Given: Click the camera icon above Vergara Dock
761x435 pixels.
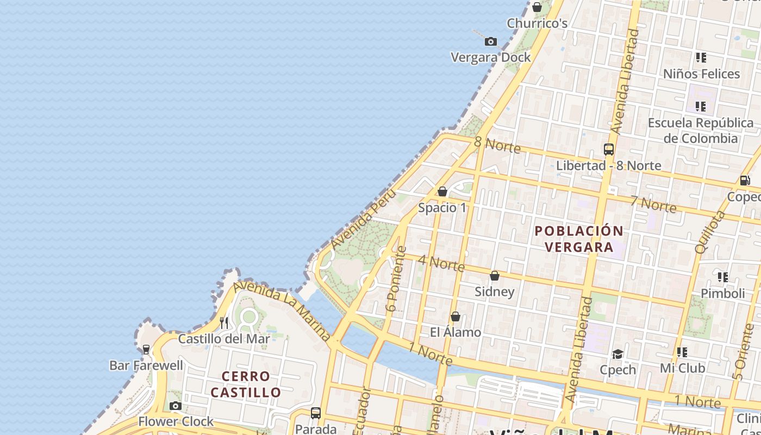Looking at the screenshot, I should [x=491, y=41].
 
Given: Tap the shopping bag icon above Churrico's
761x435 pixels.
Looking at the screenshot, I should [x=537, y=7].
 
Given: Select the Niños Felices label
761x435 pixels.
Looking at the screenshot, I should [x=701, y=74].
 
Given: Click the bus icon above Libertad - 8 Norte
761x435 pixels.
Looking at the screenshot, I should [x=609, y=149].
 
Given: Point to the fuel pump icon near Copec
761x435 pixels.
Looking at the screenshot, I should [x=745, y=181].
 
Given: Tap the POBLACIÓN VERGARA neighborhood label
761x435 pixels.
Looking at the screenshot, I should [x=579, y=239].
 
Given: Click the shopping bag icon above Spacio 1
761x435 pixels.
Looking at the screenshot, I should [x=442, y=191].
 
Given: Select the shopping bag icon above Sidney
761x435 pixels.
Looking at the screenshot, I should [x=495, y=276].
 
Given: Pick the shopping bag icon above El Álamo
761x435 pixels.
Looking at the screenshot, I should [x=456, y=316].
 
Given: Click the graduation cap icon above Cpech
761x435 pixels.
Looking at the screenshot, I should [x=617, y=354].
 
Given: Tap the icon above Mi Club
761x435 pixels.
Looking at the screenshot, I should [x=682, y=352].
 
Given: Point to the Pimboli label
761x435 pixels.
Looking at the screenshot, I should [x=722, y=294].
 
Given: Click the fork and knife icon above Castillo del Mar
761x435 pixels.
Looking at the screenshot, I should [x=224, y=322].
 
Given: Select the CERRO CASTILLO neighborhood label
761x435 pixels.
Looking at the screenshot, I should [x=246, y=384].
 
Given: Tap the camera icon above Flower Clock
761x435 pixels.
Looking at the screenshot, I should [x=175, y=406].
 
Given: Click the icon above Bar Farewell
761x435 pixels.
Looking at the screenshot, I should [x=146, y=350].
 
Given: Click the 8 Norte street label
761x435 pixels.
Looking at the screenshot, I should [x=497, y=145].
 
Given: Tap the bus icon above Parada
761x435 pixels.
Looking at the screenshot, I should [x=316, y=413].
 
